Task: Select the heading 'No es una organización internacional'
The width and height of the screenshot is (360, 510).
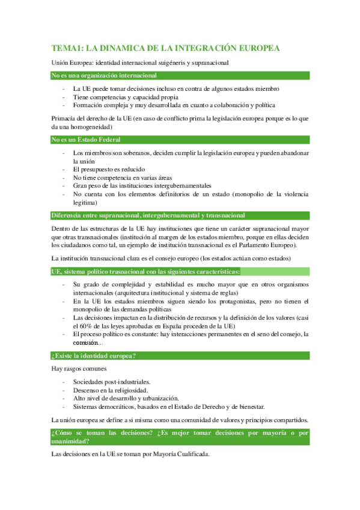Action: tap(105, 76)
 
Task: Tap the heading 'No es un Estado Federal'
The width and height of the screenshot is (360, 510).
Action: tap(87, 140)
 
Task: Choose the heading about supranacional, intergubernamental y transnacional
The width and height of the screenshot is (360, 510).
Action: tap(148, 215)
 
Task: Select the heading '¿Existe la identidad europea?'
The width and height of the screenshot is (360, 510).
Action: tap(94, 355)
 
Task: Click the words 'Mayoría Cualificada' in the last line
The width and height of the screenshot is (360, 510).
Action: tap(179, 454)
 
